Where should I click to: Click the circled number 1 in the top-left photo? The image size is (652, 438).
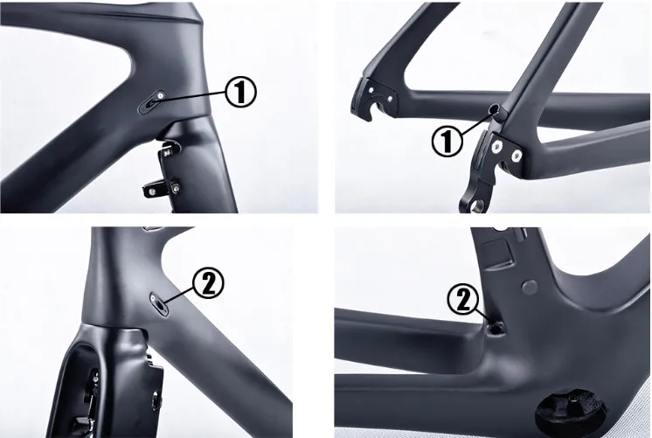[241, 91]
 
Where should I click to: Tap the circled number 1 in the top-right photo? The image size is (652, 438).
[447, 140]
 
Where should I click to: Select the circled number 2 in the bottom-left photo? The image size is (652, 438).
[210, 282]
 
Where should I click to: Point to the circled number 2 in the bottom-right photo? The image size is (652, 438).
[463, 299]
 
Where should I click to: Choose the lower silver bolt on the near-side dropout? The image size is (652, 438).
[516, 156]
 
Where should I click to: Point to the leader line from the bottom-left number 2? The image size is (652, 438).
[180, 295]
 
